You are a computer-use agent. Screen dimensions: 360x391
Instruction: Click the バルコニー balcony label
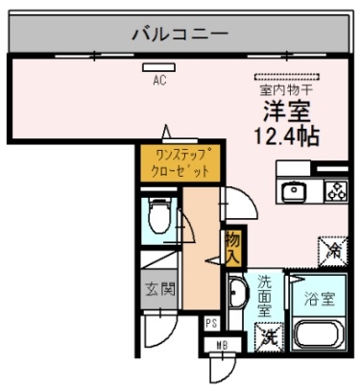(180, 34)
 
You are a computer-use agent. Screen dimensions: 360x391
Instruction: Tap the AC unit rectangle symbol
(159, 67)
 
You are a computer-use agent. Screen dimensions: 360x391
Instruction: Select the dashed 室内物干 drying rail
(287, 77)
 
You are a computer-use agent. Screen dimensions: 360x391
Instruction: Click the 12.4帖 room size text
(287, 136)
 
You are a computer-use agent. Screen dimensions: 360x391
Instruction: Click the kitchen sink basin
(294, 191)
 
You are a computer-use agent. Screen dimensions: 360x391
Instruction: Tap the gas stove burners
(337, 190)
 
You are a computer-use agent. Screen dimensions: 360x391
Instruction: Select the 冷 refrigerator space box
(333, 252)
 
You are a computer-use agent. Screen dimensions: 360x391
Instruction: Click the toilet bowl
(159, 216)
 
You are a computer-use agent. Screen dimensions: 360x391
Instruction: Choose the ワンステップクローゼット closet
(180, 163)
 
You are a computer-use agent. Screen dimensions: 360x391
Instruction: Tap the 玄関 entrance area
(159, 289)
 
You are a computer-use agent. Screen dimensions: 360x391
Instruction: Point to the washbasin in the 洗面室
(238, 293)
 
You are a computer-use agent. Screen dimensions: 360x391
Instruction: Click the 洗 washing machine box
(269, 337)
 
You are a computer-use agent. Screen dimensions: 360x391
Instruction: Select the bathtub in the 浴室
(319, 334)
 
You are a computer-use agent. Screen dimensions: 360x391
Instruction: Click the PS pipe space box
(211, 324)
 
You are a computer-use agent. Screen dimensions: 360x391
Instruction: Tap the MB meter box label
(222, 345)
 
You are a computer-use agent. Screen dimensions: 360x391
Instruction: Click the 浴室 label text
(320, 299)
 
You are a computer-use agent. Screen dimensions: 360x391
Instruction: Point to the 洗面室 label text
(265, 296)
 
